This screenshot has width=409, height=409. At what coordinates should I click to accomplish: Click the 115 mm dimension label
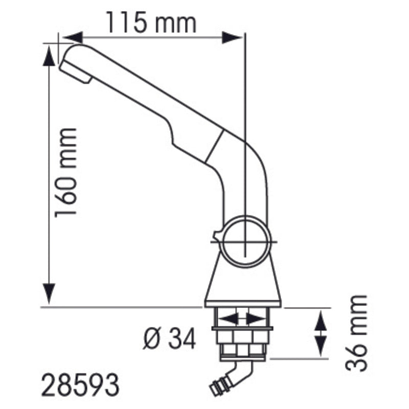[151, 23]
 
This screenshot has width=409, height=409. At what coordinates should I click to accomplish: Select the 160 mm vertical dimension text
[66, 173]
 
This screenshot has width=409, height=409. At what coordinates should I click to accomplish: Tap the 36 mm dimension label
[356, 333]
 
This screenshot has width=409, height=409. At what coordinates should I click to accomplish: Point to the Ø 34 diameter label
[169, 338]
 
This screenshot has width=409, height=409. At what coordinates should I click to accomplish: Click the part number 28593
[80, 385]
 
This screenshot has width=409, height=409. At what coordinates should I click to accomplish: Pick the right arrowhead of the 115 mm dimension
[232, 37]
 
